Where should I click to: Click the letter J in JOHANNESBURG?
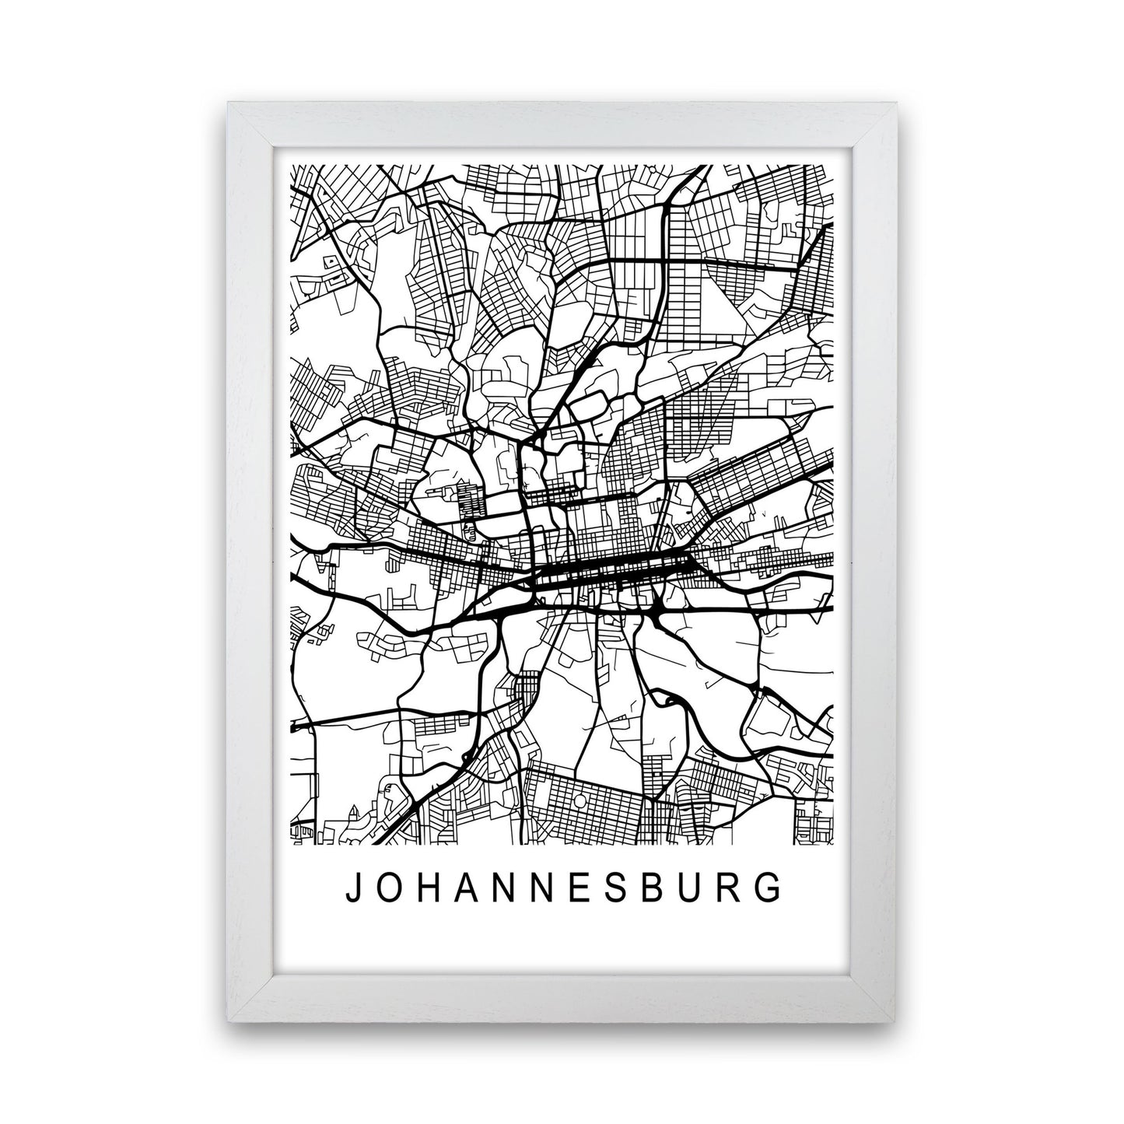click(x=352, y=888)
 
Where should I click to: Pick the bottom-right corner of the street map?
click(x=833, y=844)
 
